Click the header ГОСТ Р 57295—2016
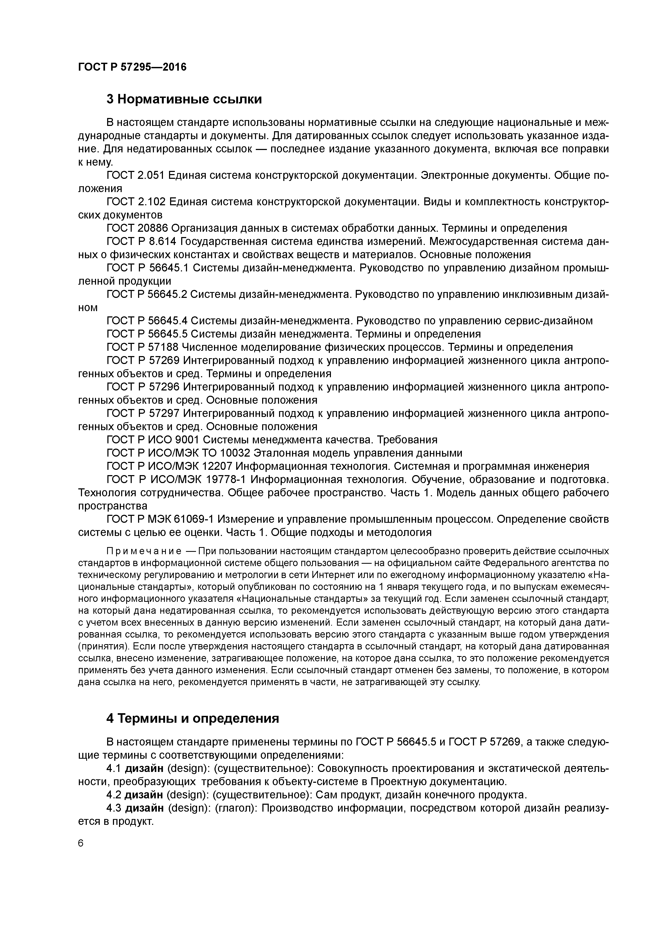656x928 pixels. point(132,67)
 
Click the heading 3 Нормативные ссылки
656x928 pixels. point(184,99)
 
